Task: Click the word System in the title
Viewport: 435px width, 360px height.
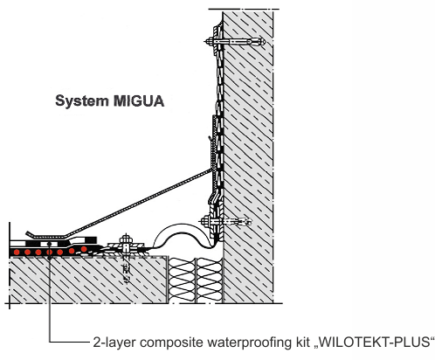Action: coord(82,101)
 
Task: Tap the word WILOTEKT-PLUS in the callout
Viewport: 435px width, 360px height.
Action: coord(375,342)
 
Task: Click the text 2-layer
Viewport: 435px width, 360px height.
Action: coord(114,343)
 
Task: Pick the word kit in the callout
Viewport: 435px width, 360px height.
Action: coord(302,342)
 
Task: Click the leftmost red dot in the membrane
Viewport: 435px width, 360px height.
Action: coord(17,252)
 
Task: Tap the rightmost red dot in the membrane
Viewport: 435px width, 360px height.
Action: coord(84,249)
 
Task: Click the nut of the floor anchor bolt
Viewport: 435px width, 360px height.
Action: coord(126,239)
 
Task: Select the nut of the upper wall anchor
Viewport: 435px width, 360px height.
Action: coord(210,42)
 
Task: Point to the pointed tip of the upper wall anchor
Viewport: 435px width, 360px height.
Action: coord(265,42)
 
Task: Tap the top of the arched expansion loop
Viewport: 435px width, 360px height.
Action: coord(183,225)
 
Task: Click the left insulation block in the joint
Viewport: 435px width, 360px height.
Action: coord(182,280)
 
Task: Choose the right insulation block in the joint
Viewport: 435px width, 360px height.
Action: coord(210,280)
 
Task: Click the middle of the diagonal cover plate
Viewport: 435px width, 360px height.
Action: coord(138,203)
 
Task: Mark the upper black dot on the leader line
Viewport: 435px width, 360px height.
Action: coord(50,244)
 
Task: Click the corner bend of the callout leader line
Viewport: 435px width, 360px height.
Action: coord(50,342)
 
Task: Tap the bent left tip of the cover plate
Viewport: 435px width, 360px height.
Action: coord(28,233)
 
